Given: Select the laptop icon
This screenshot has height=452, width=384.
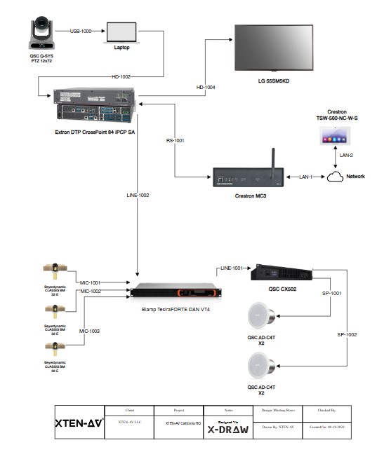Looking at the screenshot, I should point(121,34).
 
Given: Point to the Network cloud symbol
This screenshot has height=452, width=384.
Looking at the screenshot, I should point(337,177).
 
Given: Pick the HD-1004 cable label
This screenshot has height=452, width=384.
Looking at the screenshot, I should point(206,87).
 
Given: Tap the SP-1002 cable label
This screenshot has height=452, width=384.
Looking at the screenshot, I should point(347,335).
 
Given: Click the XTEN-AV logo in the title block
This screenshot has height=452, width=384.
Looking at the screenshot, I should point(79,423).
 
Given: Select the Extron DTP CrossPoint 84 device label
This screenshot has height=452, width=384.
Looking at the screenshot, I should point(92,131).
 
